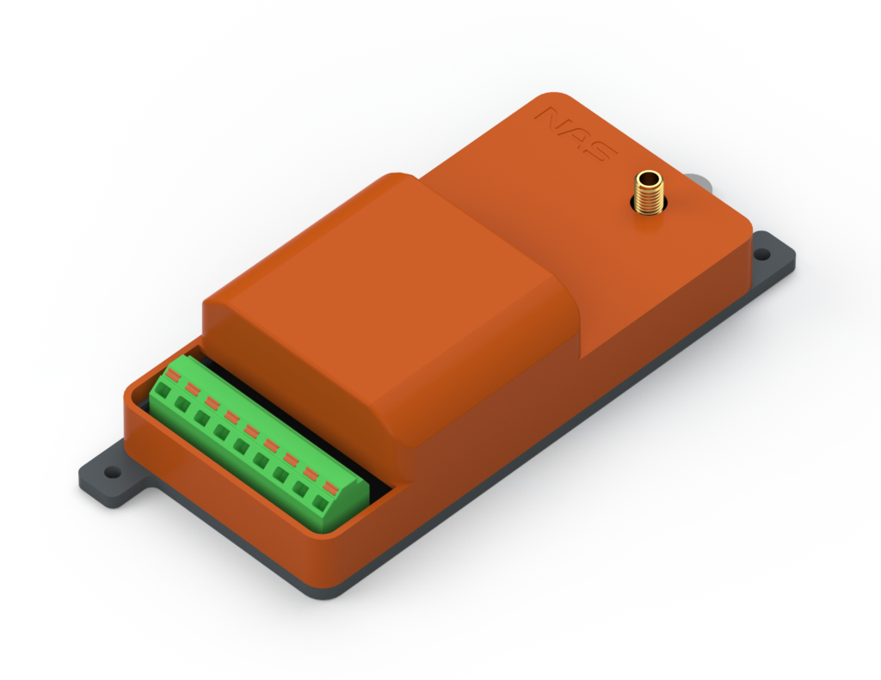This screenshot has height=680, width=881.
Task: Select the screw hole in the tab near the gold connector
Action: pyautogui.click(x=762, y=254)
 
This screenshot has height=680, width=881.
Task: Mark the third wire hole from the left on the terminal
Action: pyautogui.click(x=202, y=418)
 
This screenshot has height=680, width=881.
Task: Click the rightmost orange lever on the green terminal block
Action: pyautogui.click(x=330, y=487)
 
